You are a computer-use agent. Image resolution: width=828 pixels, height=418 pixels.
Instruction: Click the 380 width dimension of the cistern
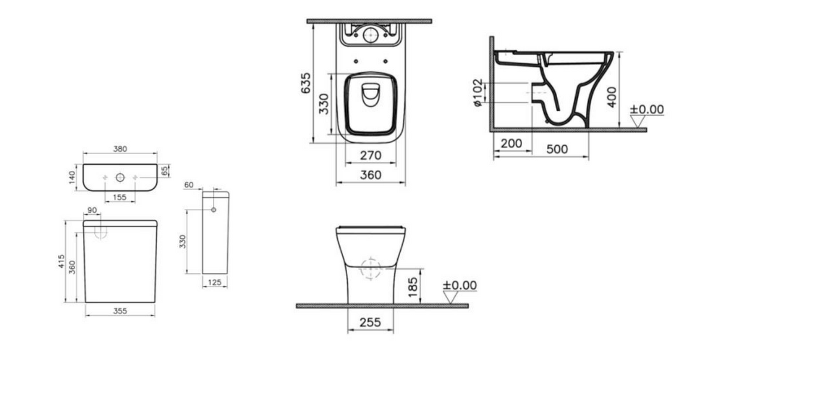[120, 149]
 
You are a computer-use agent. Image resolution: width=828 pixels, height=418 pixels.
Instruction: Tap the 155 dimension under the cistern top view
[120, 197]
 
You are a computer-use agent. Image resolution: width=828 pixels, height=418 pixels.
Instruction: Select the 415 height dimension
[61, 261]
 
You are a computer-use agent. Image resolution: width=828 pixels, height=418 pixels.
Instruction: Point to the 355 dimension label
[120, 311]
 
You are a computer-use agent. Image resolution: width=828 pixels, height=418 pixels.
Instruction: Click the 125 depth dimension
[215, 282]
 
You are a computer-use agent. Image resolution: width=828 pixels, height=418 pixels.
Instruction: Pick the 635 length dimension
[306, 83]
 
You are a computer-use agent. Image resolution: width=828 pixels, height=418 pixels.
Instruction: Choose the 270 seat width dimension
[370, 155]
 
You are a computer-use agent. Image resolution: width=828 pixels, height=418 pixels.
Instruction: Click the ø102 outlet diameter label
[478, 93]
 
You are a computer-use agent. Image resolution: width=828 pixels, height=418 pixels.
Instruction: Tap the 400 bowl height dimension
[612, 97]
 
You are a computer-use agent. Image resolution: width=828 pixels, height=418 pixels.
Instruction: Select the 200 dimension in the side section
[511, 143]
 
